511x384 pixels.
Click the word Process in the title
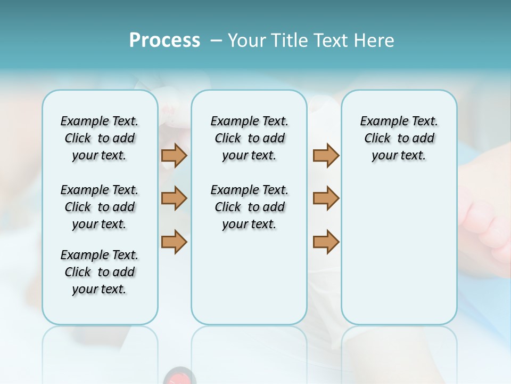coord(164,41)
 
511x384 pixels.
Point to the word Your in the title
coord(246,41)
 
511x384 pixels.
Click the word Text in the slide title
coord(333,41)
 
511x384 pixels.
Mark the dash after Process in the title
coord(216,41)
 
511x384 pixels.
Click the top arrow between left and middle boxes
coord(174,155)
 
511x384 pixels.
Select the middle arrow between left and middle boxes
coord(174,198)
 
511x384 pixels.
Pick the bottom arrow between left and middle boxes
coord(174,242)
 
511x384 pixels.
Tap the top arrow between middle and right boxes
coord(326,155)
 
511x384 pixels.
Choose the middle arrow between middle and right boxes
coord(326,198)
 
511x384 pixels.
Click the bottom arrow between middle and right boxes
coord(326,242)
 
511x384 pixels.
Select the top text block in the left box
coord(100,138)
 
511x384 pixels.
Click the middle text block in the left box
coord(100,207)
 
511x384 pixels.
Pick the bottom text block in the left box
coord(100,272)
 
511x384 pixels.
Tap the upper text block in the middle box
coord(249,138)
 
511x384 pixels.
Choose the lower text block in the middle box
coord(249,207)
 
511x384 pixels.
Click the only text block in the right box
coord(399,138)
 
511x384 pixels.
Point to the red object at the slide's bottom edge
coord(179,377)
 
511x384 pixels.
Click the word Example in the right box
coord(380,122)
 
